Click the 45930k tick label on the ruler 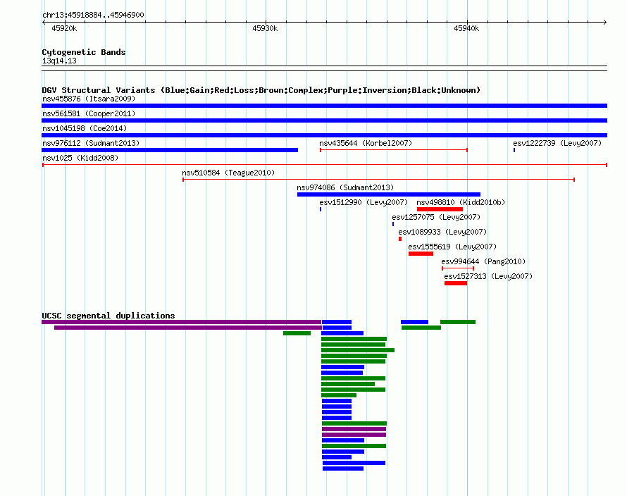265,28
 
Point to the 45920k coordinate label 64,28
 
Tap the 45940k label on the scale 466,28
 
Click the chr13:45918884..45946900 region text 93,15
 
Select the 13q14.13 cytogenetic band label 59,61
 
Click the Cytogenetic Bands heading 84,52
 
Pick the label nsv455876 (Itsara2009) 89,99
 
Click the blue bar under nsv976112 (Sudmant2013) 170,150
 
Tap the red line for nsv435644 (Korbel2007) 394,150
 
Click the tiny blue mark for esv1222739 514,150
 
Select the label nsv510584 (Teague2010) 228,173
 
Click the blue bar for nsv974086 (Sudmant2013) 389,194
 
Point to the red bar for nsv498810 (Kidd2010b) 440,209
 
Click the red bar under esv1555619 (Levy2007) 421,254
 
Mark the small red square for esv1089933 400,239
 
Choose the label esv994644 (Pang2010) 483,261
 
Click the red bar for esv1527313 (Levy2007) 456,283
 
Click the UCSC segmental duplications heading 108,316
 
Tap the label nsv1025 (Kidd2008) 80,158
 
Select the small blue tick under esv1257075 393,224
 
